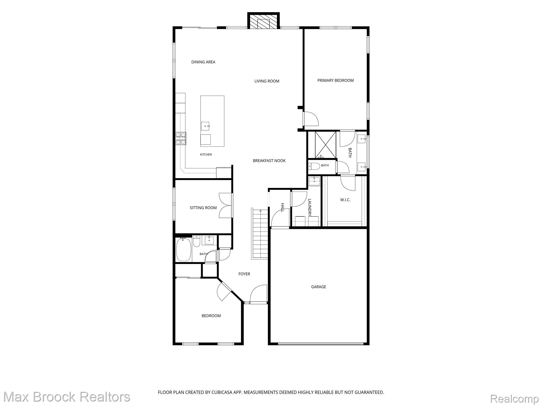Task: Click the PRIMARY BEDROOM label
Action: (335, 80)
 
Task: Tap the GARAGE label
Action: (318, 287)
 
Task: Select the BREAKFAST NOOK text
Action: (269, 160)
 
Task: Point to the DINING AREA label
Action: (203, 62)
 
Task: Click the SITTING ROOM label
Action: (203, 208)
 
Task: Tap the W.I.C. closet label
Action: (345, 200)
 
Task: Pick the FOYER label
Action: (244, 274)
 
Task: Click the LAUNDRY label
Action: (310, 208)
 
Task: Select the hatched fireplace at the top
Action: (263, 21)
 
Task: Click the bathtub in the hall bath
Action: (184, 250)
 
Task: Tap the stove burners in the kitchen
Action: (181, 138)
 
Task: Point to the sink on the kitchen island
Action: (205, 126)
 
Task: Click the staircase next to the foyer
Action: (260, 234)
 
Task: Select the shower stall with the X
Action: (325, 145)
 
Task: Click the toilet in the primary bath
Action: (314, 167)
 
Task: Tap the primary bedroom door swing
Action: (311, 119)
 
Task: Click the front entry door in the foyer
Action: (258, 294)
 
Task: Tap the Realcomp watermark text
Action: (514, 399)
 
